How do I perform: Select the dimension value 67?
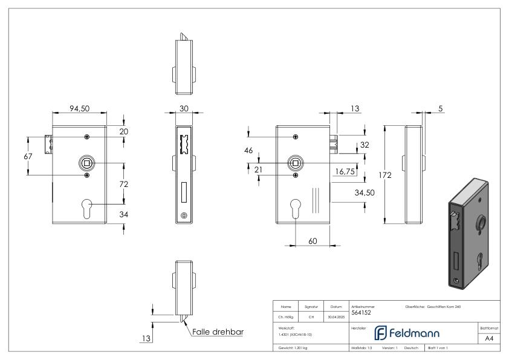pyautogui.click(x=28, y=156)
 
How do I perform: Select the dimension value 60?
pyautogui.click(x=313, y=241)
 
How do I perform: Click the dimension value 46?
pyautogui.click(x=248, y=151)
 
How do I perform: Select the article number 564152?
pyautogui.click(x=361, y=313)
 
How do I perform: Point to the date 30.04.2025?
pyautogui.click(x=336, y=315)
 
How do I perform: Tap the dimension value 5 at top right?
pyautogui.click(x=441, y=109)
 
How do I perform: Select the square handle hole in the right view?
pyautogui.click(x=295, y=163)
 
